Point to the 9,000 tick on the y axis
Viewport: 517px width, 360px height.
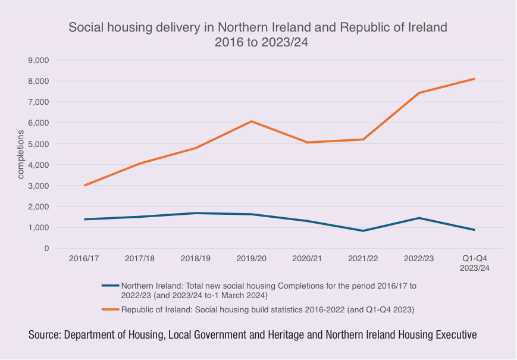click(x=37, y=60)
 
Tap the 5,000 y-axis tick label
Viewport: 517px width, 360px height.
click(x=37, y=144)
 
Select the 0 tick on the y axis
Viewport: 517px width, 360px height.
click(x=45, y=248)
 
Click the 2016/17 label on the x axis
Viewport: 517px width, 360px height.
click(x=84, y=259)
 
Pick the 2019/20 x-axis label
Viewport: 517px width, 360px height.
click(x=252, y=259)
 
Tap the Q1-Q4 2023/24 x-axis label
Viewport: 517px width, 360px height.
click(x=474, y=264)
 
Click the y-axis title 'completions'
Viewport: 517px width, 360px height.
click(x=20, y=155)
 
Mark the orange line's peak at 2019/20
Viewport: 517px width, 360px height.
click(x=252, y=121)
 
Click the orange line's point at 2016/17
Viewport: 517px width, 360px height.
click(x=84, y=186)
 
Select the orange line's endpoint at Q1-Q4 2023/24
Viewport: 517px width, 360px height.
click(x=474, y=79)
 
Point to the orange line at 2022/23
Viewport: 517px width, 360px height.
click(x=419, y=93)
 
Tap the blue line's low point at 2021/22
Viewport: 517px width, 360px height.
click(x=363, y=231)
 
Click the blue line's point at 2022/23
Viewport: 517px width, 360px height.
click(x=419, y=218)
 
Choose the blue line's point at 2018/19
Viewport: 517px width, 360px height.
click(x=196, y=213)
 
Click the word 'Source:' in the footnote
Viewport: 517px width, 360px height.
click(x=44, y=336)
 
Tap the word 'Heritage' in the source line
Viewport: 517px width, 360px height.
click(x=286, y=336)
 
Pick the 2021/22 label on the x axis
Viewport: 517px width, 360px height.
click(x=363, y=259)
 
